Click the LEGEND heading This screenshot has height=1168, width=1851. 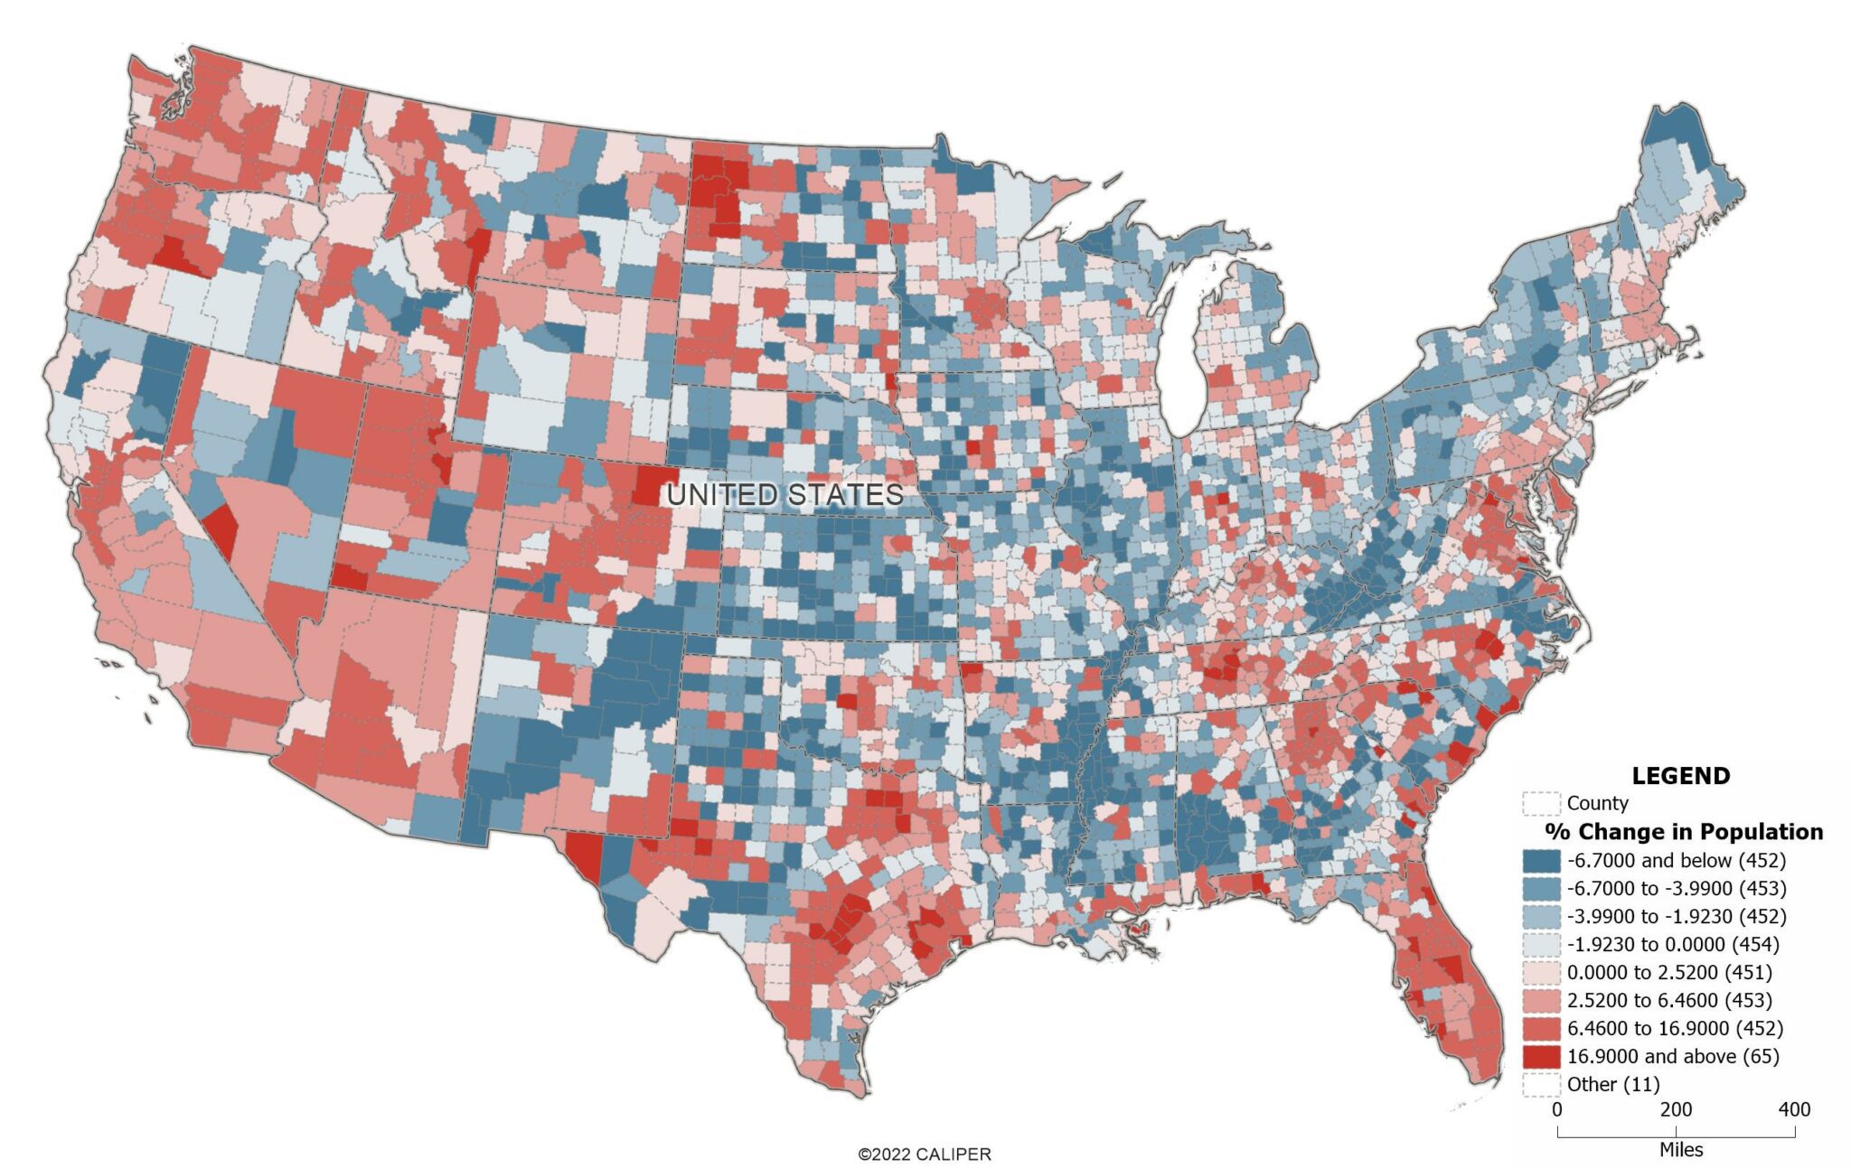(x=1680, y=775)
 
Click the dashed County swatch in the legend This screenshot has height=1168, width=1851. (x=1541, y=803)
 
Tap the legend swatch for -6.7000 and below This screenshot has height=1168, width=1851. (x=1541, y=860)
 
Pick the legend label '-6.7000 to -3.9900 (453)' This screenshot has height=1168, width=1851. (x=1677, y=888)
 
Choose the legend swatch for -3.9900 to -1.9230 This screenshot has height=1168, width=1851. (x=1541, y=916)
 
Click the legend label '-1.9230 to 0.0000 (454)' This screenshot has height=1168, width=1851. (x=1673, y=944)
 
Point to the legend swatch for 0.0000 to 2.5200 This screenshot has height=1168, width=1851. (x=1541, y=972)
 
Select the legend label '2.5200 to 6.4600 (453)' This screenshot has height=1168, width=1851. (x=1669, y=1000)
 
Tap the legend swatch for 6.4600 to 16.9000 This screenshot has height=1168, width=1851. (x=1541, y=1028)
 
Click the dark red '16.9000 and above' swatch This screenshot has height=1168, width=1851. (x=1541, y=1056)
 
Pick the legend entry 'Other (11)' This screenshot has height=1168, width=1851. (x=1613, y=1084)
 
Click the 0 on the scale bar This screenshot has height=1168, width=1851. (x=1556, y=1109)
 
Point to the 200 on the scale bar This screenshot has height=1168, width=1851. (x=1676, y=1109)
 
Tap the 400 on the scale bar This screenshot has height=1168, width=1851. (x=1794, y=1109)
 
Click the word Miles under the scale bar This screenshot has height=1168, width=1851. (x=1680, y=1150)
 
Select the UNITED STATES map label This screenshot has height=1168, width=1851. (x=785, y=495)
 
